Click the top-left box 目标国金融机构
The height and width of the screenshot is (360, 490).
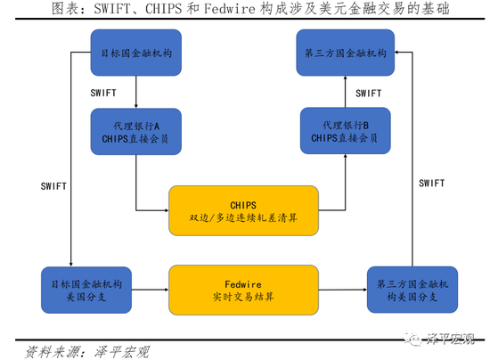(136, 53)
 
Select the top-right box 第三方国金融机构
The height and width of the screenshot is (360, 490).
(346, 53)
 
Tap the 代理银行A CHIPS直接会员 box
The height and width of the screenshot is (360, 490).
(136, 132)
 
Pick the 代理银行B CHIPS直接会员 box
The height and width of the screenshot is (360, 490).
(346, 131)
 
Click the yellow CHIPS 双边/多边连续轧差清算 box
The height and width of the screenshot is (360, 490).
(243, 210)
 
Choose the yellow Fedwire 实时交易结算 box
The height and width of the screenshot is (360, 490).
(243, 290)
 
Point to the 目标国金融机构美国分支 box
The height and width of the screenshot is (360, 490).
(86, 290)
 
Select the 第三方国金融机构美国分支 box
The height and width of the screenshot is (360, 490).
(412, 290)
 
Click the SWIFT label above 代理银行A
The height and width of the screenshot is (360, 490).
(103, 93)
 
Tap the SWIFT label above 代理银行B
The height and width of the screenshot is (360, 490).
(369, 94)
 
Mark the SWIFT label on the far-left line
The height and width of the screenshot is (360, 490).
(53, 186)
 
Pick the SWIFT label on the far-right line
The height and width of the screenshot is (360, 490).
(431, 184)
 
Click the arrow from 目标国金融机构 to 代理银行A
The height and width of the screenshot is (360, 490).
(136, 92)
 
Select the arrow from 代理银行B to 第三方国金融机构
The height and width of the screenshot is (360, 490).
(346, 92)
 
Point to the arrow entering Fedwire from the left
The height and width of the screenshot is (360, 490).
(151, 290)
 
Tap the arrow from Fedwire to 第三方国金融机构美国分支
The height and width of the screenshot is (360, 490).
(343, 290)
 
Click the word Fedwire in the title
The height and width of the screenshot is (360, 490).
(230, 8)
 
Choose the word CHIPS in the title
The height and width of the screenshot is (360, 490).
(163, 8)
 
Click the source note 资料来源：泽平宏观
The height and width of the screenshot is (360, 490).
(87, 352)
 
